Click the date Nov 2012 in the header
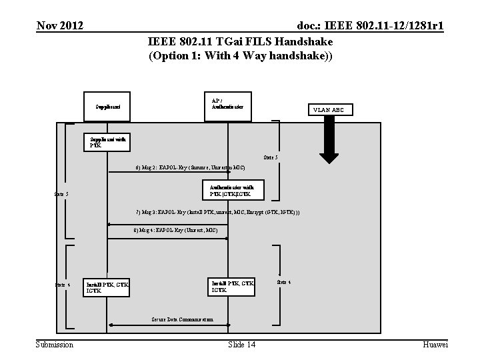[x=60, y=26]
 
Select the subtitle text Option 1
[x=180, y=56]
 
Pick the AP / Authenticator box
[x=227, y=105]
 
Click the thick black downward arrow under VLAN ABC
[x=329, y=143]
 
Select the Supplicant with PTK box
[x=107, y=142]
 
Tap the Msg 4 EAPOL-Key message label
[x=175, y=229]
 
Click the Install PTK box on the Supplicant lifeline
[x=107, y=287]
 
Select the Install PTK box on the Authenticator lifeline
[x=231, y=286]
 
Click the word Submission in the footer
[x=55, y=344]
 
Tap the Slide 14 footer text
[x=241, y=344]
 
